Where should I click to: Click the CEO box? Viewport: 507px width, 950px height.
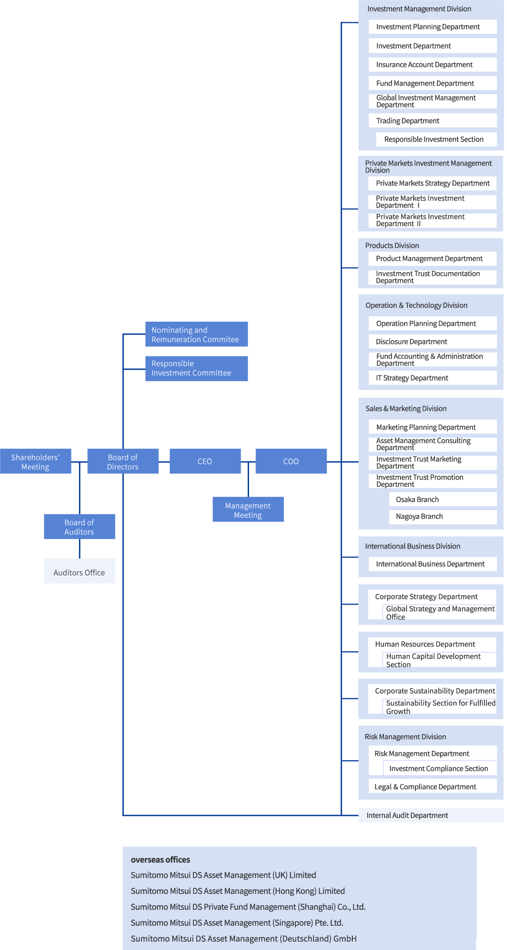click(x=205, y=461)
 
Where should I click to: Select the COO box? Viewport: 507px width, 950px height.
click(x=291, y=461)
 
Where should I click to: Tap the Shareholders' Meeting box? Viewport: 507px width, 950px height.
click(x=36, y=461)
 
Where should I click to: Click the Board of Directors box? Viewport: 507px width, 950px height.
click(x=123, y=461)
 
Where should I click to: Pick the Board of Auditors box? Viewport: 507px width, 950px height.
click(x=79, y=526)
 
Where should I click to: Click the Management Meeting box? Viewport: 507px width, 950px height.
click(x=248, y=510)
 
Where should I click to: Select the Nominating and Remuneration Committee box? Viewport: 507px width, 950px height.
click(x=196, y=334)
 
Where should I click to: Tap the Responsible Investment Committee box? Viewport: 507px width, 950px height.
click(x=196, y=368)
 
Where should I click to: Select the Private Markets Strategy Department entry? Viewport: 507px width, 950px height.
click(x=432, y=183)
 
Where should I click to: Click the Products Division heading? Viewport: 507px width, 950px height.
click(x=392, y=245)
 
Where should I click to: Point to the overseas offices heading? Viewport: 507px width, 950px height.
click(x=160, y=860)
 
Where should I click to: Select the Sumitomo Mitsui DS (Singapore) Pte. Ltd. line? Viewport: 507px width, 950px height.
click(x=237, y=923)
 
